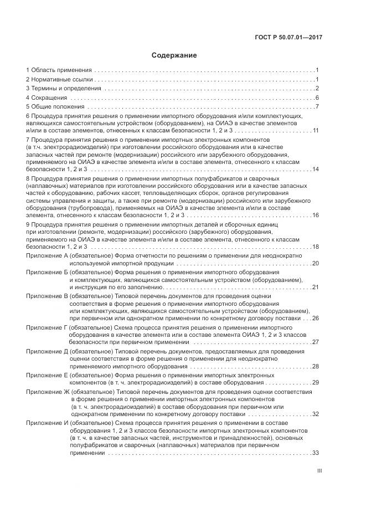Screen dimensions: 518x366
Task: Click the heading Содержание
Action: coord(174,55)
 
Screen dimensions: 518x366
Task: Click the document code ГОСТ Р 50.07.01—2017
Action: coord(288,37)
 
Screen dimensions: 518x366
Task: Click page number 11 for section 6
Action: coord(316,130)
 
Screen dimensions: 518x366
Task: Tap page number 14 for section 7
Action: coord(316,169)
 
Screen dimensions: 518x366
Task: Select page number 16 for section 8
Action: coord(316,215)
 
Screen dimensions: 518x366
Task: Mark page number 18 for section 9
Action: coord(316,247)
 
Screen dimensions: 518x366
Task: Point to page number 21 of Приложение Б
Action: coord(316,287)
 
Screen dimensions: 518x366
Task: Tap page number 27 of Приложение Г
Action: coord(316,342)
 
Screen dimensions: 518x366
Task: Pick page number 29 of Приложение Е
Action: coord(316,382)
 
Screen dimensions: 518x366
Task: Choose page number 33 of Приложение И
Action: coord(316,453)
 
